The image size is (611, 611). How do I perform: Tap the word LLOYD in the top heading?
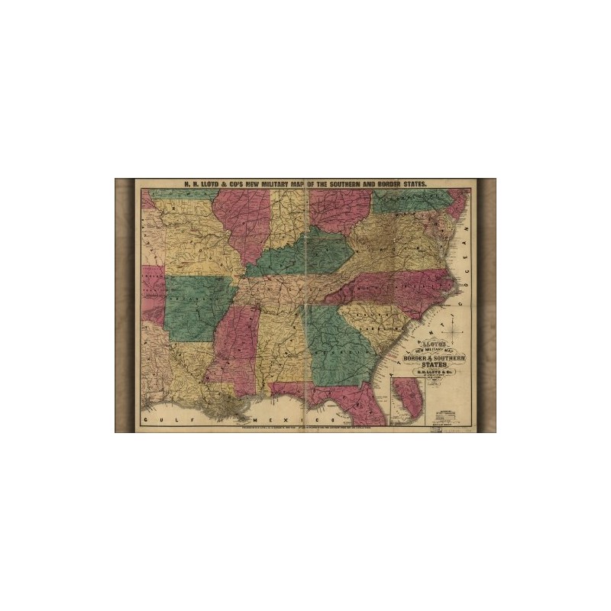pos(200,185)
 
